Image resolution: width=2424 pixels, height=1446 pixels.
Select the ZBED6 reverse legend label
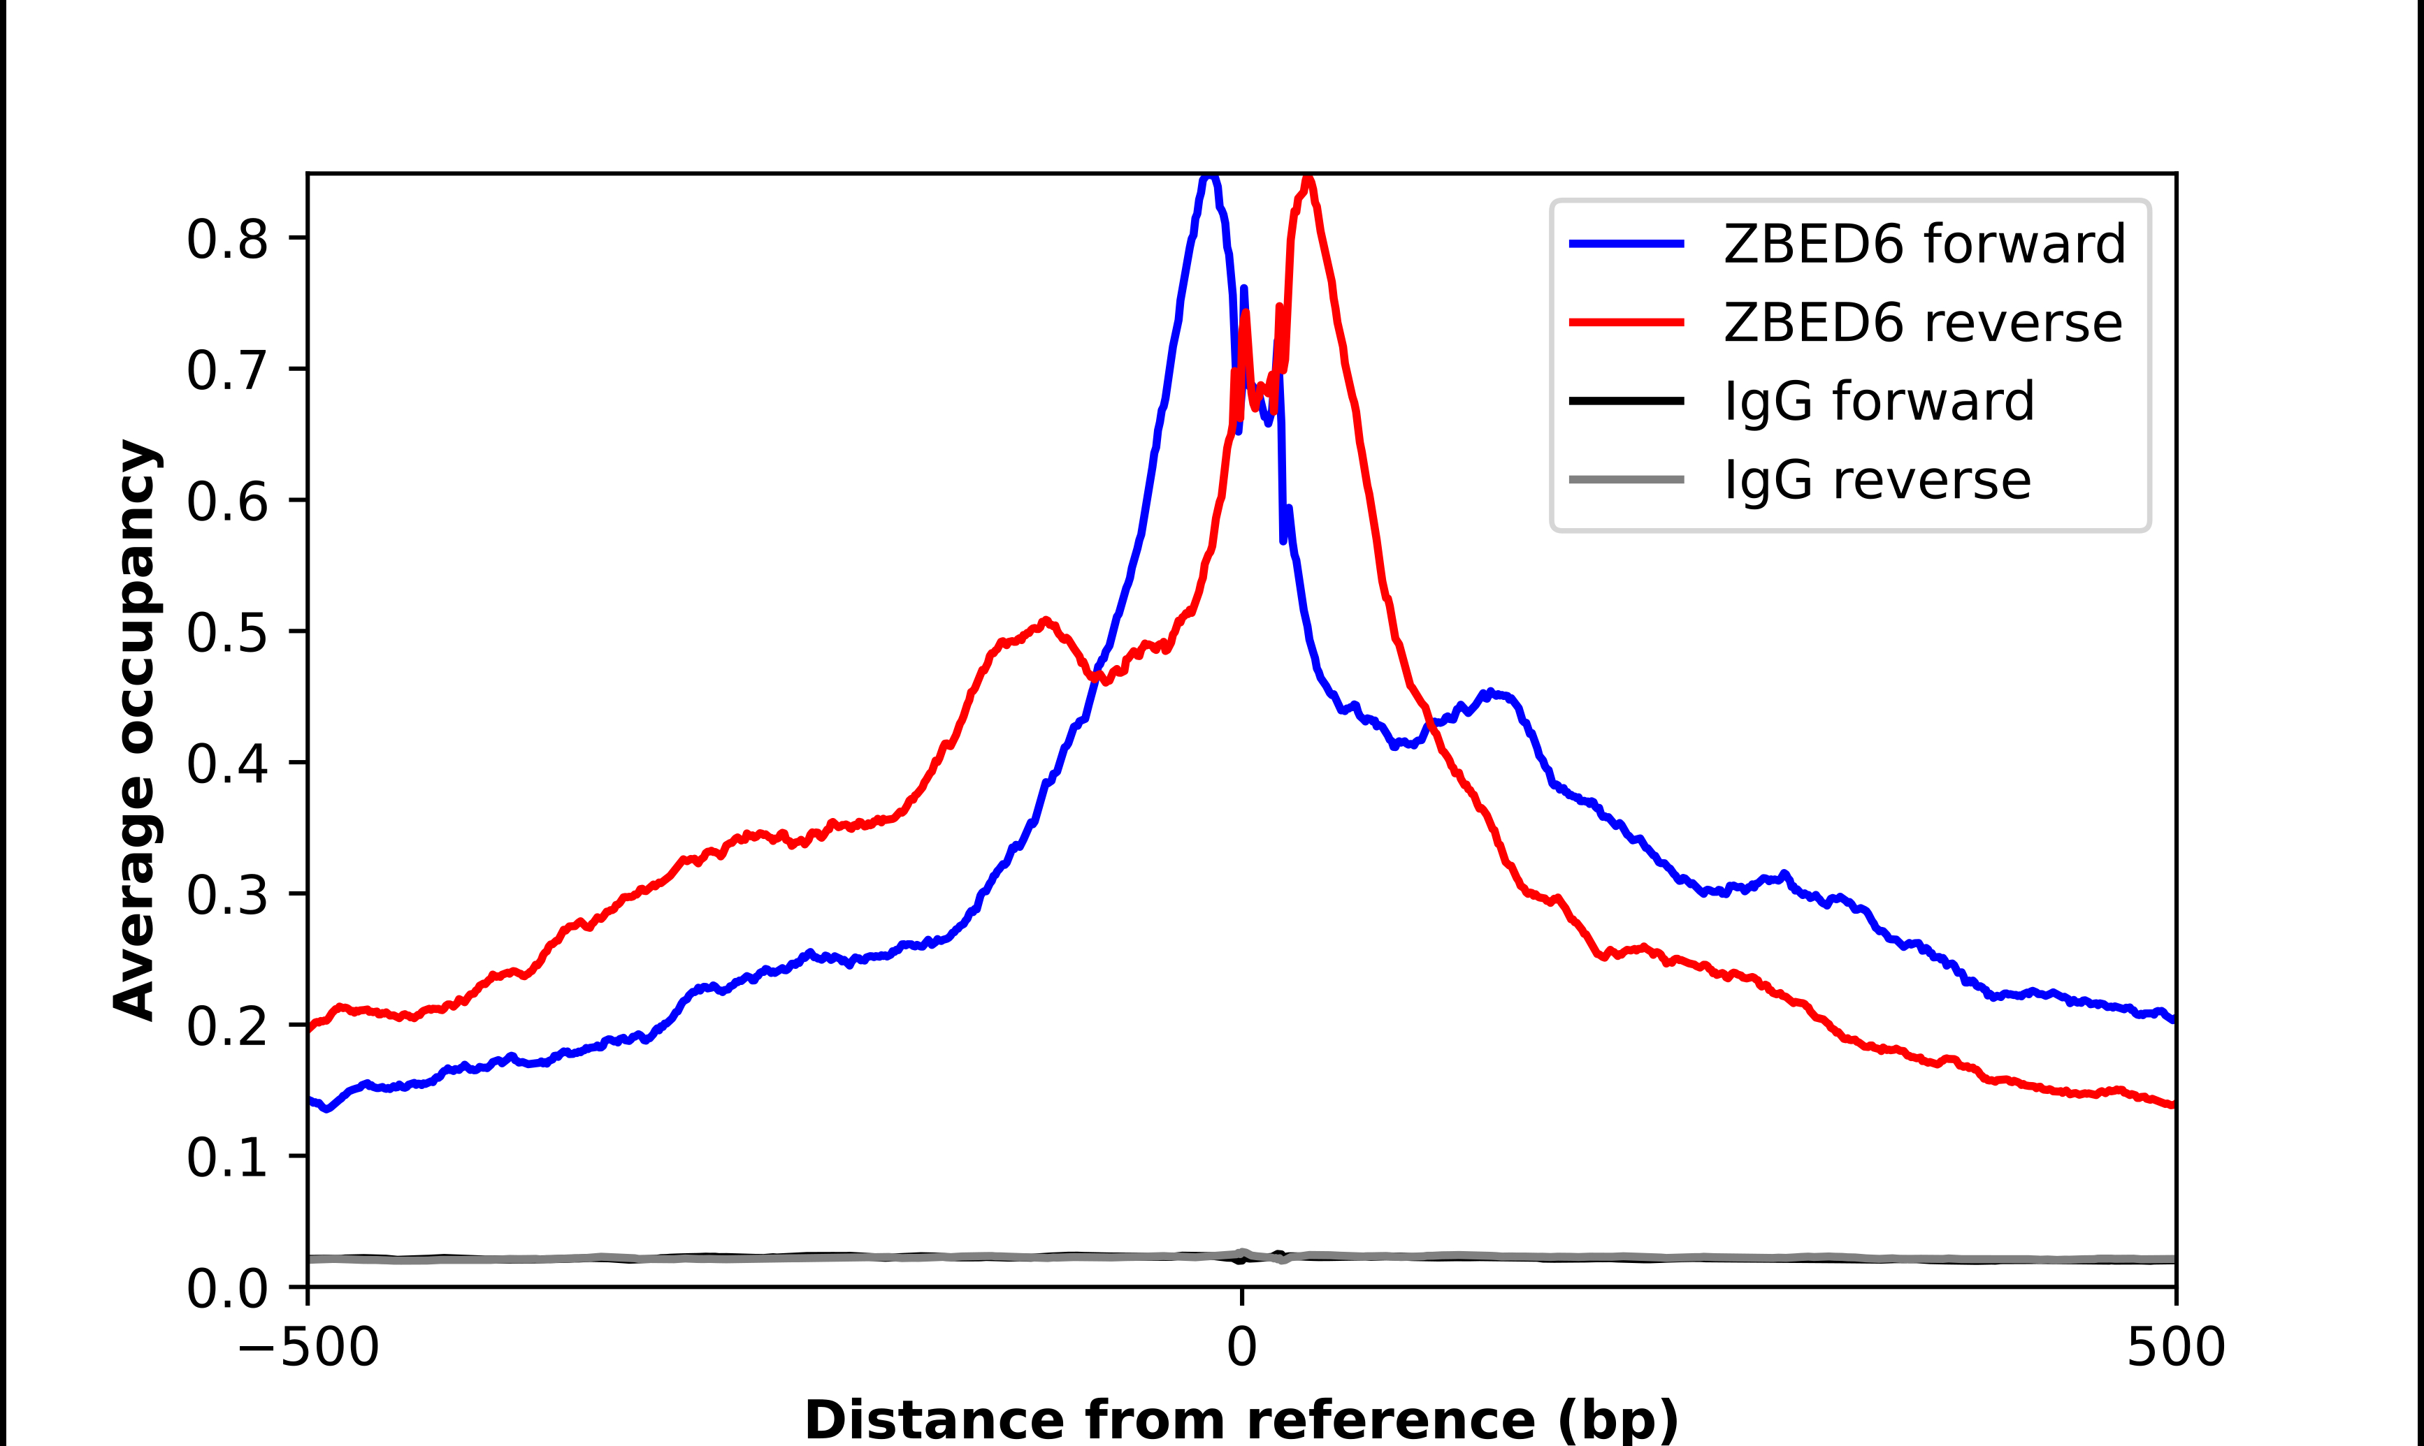coord(1922,323)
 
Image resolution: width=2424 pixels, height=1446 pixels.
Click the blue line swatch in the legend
coord(1626,244)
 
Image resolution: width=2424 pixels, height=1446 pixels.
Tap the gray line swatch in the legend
coord(1626,479)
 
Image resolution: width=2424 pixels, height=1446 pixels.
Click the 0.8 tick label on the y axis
coord(226,239)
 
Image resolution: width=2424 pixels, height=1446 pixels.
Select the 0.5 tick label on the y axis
coord(226,632)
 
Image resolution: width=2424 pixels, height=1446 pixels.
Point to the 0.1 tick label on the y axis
coord(226,1157)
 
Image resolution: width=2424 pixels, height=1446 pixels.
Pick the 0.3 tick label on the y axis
coord(226,894)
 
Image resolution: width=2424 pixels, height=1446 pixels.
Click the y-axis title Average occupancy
coord(134,730)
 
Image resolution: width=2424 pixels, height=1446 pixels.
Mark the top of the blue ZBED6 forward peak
coord(1209,178)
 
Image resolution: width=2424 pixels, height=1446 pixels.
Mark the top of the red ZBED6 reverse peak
coord(1308,180)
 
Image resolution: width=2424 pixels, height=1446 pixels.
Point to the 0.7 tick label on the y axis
coord(226,370)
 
